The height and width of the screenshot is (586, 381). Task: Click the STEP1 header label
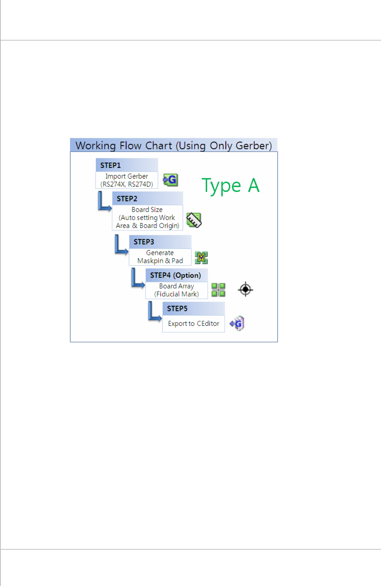pyautogui.click(x=110, y=165)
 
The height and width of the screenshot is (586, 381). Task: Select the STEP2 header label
pyautogui.click(x=127, y=199)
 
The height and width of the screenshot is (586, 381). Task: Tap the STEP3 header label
pyautogui.click(x=144, y=242)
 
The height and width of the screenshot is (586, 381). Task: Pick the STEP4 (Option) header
pyautogui.click(x=175, y=275)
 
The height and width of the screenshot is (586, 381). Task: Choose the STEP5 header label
pyautogui.click(x=177, y=309)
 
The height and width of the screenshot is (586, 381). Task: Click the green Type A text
pyautogui.click(x=231, y=185)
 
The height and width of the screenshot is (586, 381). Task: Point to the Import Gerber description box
pyautogui.click(x=127, y=180)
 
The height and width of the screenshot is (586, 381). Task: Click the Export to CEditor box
pyautogui.click(x=193, y=324)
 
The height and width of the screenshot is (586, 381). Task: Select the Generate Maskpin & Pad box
pyautogui.click(x=160, y=257)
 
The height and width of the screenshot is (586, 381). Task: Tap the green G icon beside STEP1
pyautogui.click(x=171, y=180)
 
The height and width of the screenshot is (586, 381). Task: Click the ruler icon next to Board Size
pyautogui.click(x=194, y=220)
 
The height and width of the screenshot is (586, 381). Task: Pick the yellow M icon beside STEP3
pyautogui.click(x=201, y=258)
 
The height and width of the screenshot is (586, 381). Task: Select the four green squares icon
pyautogui.click(x=218, y=290)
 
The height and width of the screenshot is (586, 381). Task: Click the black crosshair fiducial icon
pyautogui.click(x=246, y=289)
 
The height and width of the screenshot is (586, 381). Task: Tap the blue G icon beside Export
pyautogui.click(x=237, y=324)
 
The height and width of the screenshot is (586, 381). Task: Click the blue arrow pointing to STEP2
pyautogui.click(x=103, y=203)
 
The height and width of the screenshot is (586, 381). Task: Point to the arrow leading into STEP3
pyautogui.click(x=121, y=246)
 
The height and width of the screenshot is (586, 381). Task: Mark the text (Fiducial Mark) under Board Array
pyautogui.click(x=176, y=294)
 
